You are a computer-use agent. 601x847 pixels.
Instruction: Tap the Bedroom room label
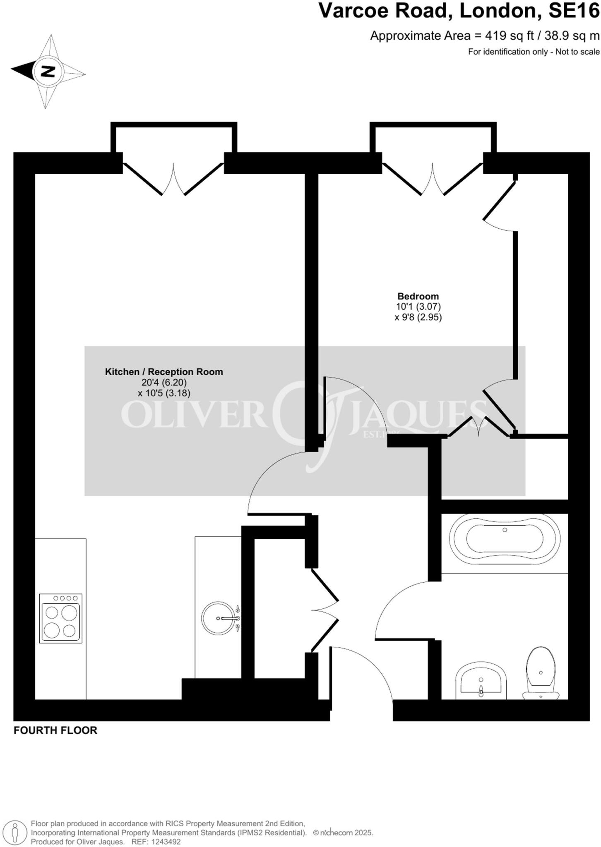click(x=418, y=296)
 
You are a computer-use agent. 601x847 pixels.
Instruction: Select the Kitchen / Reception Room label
click(x=164, y=372)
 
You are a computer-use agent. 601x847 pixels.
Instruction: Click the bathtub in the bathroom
click(x=505, y=540)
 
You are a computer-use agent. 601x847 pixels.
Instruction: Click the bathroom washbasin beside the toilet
click(x=481, y=682)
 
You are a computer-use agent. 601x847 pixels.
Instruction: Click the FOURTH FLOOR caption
click(x=55, y=730)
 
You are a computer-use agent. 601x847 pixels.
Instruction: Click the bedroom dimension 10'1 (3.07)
click(x=418, y=307)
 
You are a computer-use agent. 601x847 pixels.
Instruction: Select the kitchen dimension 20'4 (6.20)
click(x=164, y=383)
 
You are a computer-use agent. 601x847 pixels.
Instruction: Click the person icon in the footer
click(x=16, y=832)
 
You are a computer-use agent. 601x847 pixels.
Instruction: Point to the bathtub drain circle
click(x=505, y=530)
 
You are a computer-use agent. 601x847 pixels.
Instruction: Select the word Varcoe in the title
click(x=353, y=11)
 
